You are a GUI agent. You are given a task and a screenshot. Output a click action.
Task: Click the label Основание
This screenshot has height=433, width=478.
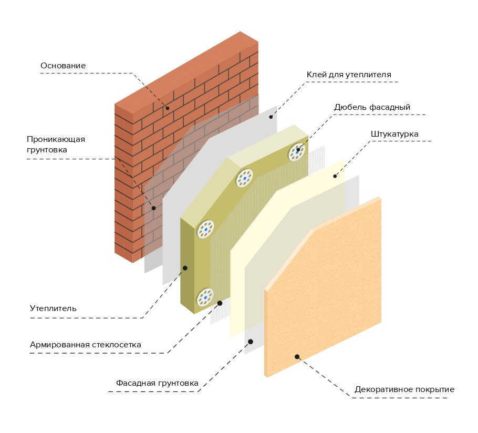coord(63,66)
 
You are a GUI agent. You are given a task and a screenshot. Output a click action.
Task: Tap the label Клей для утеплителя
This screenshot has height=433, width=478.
coord(349,75)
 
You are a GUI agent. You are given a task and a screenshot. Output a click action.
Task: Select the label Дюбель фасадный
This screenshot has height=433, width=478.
coord(372,107)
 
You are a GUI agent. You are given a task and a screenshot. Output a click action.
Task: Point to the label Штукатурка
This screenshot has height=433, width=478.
coord(394,134)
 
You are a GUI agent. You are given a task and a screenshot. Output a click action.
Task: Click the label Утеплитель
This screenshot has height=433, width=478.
coord(53,308)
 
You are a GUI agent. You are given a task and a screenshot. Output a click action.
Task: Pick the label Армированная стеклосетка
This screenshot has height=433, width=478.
coord(86,345)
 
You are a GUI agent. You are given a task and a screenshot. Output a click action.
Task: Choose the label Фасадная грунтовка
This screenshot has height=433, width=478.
coord(157,383)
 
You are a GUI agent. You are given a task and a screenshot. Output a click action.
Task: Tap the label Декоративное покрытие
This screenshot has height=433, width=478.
coord(404,390)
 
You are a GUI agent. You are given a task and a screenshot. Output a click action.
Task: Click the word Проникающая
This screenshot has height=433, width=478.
coord(56,139)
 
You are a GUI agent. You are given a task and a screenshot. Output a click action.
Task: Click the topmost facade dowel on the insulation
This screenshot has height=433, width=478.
coord(297,152)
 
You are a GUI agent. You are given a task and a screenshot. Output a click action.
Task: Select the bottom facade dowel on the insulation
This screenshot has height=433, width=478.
coord(205,297)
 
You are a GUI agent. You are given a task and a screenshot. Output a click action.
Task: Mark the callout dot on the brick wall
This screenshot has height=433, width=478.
coord(168,108)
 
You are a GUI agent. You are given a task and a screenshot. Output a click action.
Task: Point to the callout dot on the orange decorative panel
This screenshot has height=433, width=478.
coord(297,357)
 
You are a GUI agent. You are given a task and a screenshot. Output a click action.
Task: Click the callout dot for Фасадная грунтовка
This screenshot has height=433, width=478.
coord(251,342)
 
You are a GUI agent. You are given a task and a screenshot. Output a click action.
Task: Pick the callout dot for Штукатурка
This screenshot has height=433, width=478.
coord(335,176)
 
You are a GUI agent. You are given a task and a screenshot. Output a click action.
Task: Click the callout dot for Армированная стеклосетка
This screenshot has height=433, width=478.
coord(220,303)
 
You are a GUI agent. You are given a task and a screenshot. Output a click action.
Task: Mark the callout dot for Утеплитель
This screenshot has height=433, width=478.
coord(185,268)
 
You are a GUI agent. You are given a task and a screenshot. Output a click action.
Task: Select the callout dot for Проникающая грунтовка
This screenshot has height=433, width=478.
coord(153,208)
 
